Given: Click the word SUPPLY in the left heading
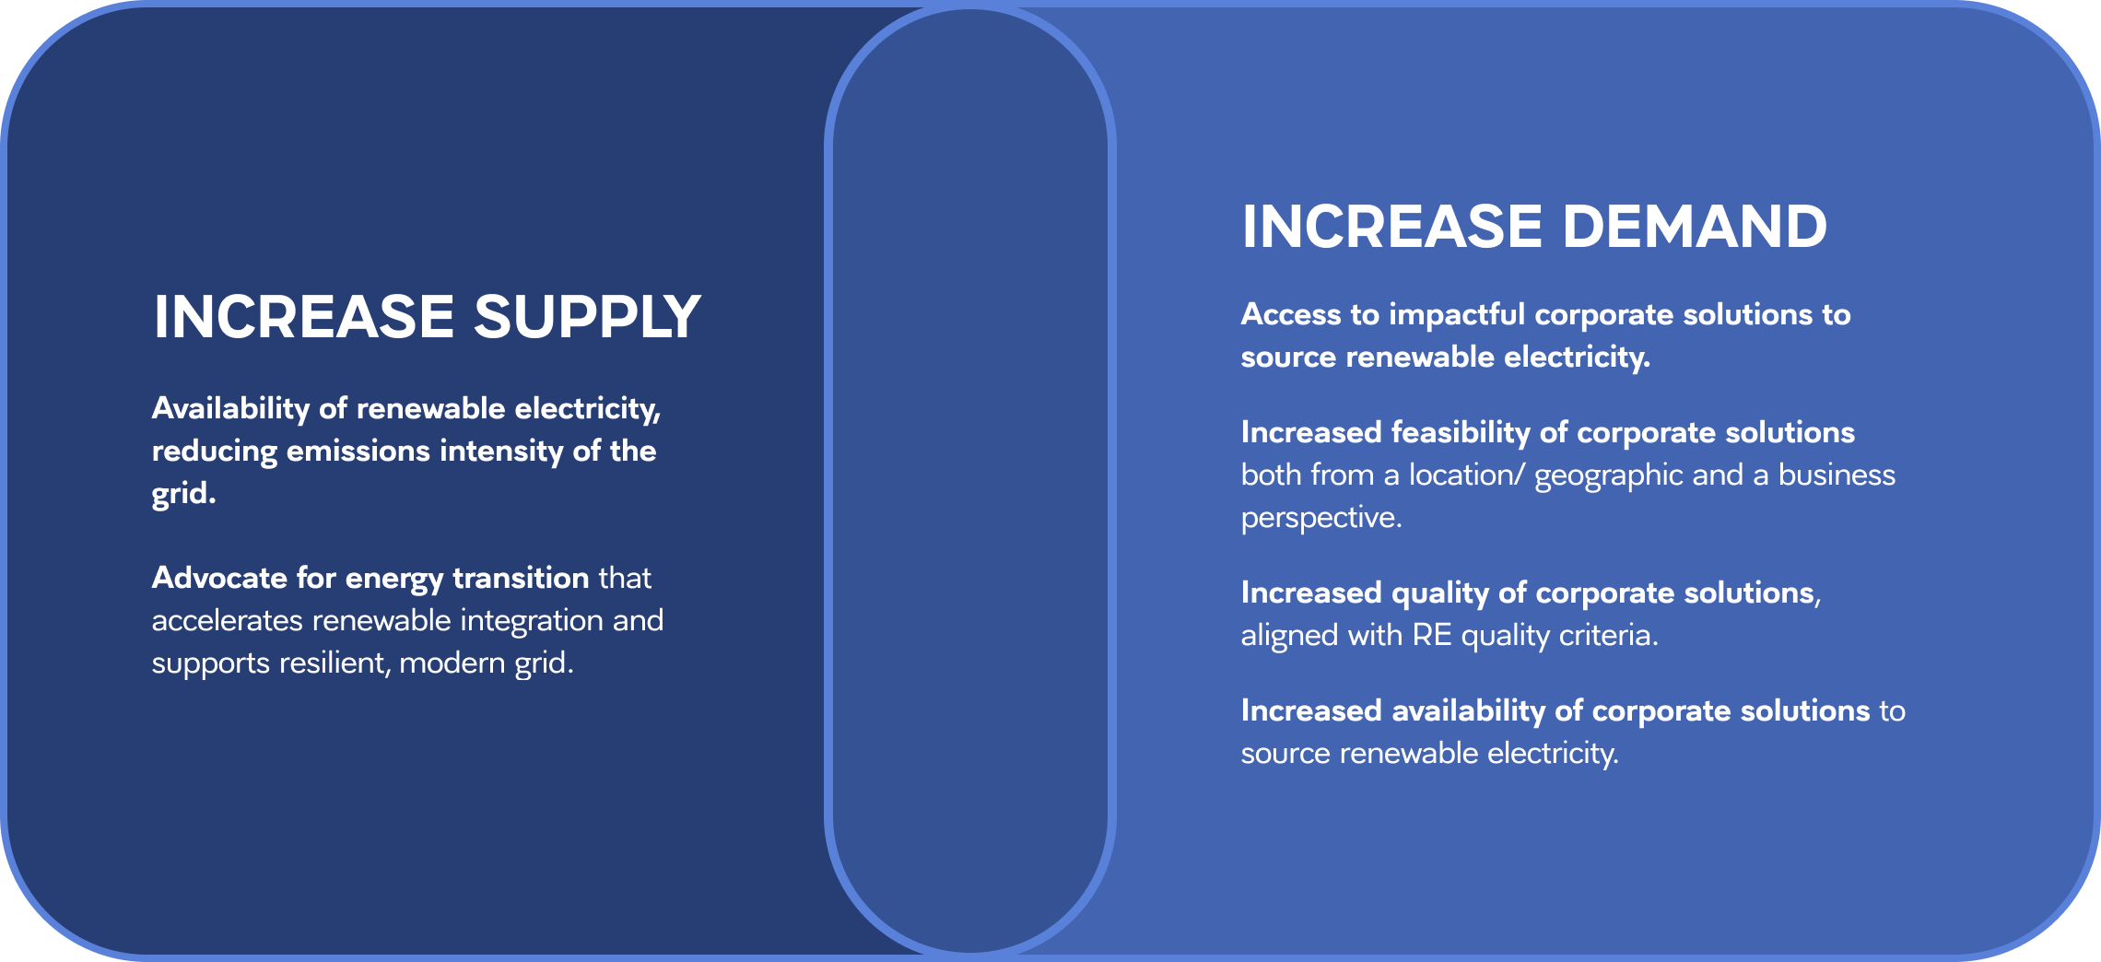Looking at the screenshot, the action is coord(587,317).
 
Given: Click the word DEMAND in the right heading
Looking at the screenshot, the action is coord(1695,227).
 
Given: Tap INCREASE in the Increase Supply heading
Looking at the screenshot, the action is coord(304,317).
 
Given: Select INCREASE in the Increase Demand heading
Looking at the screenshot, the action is coord(1391,227).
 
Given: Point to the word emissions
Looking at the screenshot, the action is coord(358,451).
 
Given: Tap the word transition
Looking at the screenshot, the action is coord(521,578).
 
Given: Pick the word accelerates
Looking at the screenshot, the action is coord(228,620).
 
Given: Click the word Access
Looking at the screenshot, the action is coord(1291,314).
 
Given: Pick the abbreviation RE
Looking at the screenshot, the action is coord(1432,635).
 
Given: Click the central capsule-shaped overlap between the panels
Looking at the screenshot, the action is coord(970,479).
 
